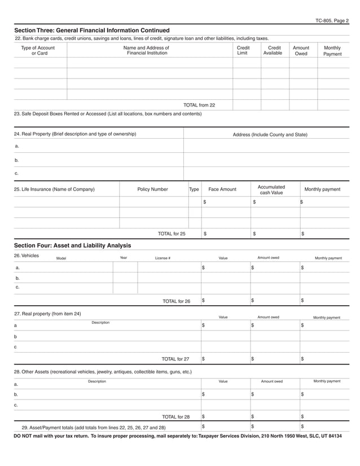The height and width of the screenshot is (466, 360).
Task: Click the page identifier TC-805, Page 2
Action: [x=332, y=21]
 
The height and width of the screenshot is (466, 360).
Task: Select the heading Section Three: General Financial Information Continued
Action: [x=91, y=30]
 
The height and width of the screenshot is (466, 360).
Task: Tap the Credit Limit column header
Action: [x=242, y=51]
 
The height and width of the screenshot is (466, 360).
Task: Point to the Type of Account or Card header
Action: [x=38, y=51]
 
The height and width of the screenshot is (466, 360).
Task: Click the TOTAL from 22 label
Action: [x=199, y=105]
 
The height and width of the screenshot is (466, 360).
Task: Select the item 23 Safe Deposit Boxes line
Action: [x=107, y=114]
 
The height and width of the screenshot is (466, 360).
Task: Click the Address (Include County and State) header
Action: [x=270, y=135]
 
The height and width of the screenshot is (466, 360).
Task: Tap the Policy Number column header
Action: [x=152, y=190]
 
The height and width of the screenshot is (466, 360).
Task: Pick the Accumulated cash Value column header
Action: [x=271, y=190]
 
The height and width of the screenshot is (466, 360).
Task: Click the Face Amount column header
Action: [x=222, y=190]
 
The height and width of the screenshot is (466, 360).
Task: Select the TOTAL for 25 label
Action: [x=172, y=234]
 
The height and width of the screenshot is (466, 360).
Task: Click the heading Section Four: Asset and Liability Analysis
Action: [x=72, y=245]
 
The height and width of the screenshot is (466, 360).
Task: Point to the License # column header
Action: [x=163, y=258]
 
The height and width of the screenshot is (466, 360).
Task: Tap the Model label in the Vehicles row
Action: [x=61, y=258]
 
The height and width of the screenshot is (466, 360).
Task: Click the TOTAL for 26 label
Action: [x=176, y=301]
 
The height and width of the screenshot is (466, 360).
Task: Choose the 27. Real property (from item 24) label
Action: [x=47, y=314]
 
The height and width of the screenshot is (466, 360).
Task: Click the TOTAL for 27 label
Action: [x=175, y=359]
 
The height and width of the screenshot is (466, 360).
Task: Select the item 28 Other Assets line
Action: [x=102, y=372]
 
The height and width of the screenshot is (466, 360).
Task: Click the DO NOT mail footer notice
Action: [x=177, y=436]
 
